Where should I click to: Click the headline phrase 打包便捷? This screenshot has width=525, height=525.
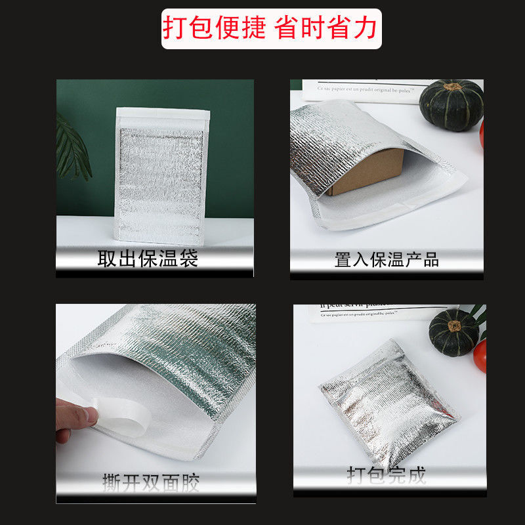[x=215, y=28]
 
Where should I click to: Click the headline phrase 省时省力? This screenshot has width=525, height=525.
[x=327, y=28]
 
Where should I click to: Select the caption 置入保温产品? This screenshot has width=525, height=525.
[x=386, y=259]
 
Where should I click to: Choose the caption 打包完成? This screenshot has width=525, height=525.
[x=386, y=474]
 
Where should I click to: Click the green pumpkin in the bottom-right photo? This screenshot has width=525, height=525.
[x=453, y=332]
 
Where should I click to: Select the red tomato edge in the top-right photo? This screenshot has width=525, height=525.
[x=482, y=135]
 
